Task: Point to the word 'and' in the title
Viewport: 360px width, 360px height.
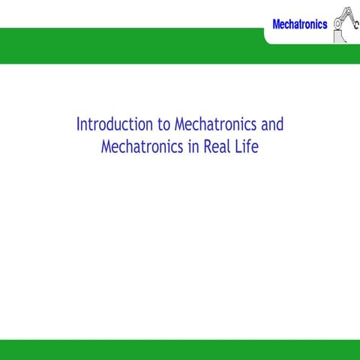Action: coord(272,124)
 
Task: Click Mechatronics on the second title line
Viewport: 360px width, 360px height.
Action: coord(142,146)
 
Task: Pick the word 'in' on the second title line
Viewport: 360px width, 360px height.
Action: coord(194,146)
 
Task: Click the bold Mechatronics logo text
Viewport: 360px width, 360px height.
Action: coord(299,24)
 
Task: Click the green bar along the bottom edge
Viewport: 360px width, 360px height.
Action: coord(180,349)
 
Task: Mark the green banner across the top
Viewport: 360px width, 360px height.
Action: coord(135,46)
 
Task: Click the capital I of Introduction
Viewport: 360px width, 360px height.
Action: coord(78,124)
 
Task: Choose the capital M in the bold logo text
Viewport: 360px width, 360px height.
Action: coord(276,24)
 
